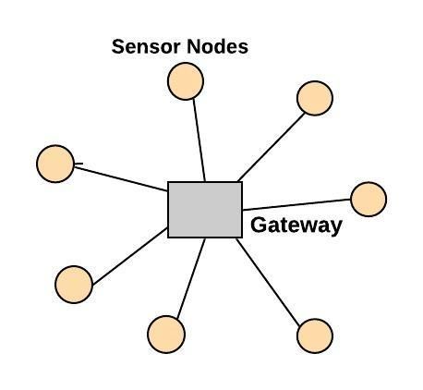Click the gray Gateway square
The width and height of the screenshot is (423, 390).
click(205, 210)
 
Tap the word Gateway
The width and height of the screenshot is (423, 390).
click(296, 225)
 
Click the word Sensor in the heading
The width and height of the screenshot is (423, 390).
click(146, 46)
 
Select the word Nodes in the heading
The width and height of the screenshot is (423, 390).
click(217, 46)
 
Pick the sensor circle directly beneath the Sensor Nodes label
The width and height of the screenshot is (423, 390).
click(186, 81)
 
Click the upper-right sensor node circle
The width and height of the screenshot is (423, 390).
click(315, 98)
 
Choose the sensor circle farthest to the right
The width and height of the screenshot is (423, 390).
click(369, 200)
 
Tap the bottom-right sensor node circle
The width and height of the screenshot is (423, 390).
click(315, 336)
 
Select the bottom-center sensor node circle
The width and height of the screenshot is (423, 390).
click(166, 335)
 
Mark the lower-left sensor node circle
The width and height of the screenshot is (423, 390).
click(74, 285)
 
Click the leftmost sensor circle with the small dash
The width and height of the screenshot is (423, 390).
click(55, 164)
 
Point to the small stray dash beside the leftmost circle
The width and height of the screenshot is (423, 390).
click(79, 164)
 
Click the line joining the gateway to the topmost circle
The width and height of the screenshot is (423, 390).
click(199, 140)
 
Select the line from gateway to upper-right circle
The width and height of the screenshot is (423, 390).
click(271, 147)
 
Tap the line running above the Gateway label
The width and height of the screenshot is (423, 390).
click(296, 204)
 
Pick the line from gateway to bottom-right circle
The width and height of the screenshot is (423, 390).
click(268, 282)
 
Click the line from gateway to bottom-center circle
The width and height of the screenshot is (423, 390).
click(191, 278)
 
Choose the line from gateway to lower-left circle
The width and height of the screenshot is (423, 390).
click(130, 256)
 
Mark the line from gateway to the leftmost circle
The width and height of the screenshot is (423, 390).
click(121, 179)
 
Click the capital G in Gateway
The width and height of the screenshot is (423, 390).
click(259, 225)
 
